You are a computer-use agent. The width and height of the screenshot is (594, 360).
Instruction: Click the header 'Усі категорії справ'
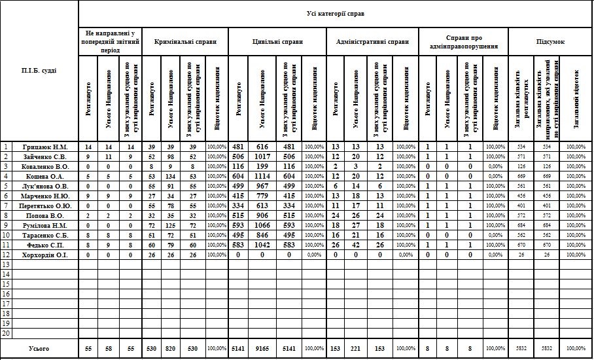point(336,13)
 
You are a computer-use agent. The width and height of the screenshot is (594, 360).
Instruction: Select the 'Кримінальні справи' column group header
point(185,41)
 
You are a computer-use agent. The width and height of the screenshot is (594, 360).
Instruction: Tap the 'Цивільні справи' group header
point(277,41)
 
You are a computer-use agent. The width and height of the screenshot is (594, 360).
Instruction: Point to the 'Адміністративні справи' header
point(372,41)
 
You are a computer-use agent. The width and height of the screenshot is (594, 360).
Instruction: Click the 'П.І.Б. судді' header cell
point(39,70)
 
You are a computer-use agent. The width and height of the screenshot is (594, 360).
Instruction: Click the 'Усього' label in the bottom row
point(39,349)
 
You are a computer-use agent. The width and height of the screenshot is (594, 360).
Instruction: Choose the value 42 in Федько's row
point(356,244)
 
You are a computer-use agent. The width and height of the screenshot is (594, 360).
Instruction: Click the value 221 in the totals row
point(356,349)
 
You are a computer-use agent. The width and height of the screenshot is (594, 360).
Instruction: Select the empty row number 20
point(7,333)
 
